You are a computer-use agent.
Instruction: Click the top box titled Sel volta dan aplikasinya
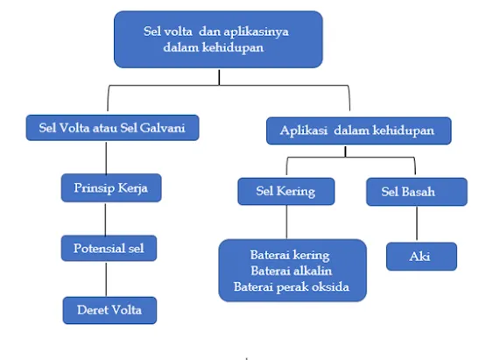click(x=218, y=39)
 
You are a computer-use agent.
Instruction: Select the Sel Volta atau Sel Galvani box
click(x=112, y=128)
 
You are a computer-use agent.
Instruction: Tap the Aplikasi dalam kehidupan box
click(x=359, y=131)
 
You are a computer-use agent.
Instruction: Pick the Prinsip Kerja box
click(x=111, y=187)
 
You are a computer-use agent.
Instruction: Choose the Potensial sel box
click(x=109, y=248)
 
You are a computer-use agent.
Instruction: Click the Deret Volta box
click(x=109, y=310)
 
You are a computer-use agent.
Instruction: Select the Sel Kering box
click(x=286, y=192)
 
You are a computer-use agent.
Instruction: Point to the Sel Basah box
click(x=417, y=192)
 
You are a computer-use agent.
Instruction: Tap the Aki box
click(x=421, y=257)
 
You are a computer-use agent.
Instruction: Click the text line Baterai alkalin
click(x=291, y=271)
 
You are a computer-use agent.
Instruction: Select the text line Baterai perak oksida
click(x=292, y=287)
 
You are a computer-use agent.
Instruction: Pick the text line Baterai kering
click(x=290, y=255)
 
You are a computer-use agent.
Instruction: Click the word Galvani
click(x=162, y=128)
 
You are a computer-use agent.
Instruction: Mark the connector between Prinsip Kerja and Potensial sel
click(x=105, y=218)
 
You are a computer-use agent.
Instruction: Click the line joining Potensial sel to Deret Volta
click(x=106, y=279)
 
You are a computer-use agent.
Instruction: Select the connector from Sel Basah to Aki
click(x=417, y=224)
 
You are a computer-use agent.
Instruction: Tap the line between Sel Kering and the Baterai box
click(x=286, y=222)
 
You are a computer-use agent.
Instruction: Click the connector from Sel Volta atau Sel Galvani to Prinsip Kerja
click(x=106, y=157)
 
